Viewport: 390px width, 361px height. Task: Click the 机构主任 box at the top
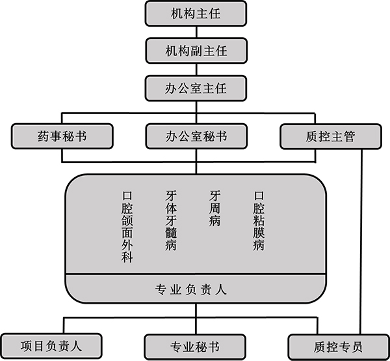coord(196,14)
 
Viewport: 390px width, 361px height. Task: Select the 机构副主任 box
coord(196,51)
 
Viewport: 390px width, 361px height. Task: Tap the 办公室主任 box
coord(196,89)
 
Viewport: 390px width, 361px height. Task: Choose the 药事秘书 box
coord(62,136)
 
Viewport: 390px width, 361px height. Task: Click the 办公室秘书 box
coord(196,136)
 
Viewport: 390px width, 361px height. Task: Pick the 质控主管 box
coord(331,136)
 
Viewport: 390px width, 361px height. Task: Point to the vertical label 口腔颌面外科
coord(127,227)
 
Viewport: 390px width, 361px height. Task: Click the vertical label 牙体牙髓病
coord(171,220)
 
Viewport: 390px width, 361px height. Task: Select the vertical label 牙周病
coord(215,209)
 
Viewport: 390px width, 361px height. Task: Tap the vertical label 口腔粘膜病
coord(259,221)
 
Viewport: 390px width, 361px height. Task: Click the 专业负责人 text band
coord(191,289)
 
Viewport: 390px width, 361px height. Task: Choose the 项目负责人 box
coord(51,346)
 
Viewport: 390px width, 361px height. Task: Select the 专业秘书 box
coord(195,347)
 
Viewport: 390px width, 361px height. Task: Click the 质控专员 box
coord(339,347)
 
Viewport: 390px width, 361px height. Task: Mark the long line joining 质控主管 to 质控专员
coord(361,242)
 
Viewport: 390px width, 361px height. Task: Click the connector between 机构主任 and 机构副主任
coord(196,32)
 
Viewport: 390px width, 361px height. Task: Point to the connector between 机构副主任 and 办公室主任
coord(196,70)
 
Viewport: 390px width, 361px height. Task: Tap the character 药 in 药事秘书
coord(43,136)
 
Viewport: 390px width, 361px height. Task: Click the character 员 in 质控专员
coord(357,347)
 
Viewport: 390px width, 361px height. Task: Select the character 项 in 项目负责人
coord(26,346)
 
